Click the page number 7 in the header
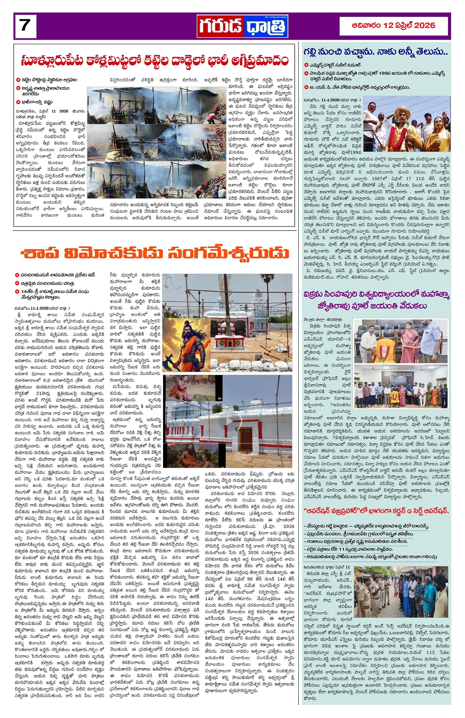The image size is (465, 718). (24, 26)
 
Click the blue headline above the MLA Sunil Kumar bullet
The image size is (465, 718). (375, 52)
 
